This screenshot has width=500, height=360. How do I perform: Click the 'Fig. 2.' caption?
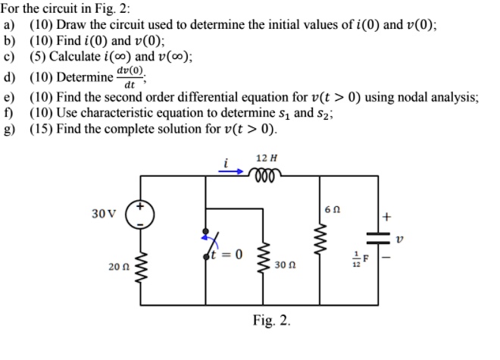coord(270,321)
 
